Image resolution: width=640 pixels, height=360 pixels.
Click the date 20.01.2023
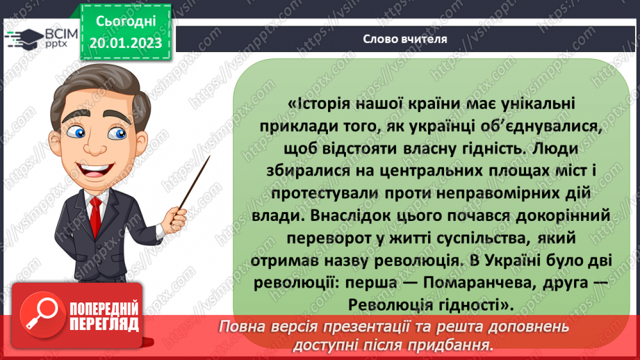(125, 43)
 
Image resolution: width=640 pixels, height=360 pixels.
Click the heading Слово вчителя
(404, 39)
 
